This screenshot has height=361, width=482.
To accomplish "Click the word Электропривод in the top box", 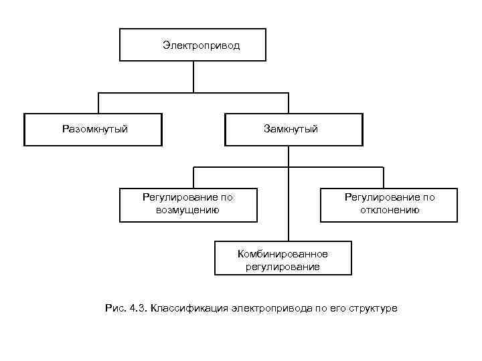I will click(201, 46).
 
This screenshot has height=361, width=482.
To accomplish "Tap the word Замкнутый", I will click(291, 128).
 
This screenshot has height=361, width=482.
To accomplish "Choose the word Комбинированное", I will click(283, 255).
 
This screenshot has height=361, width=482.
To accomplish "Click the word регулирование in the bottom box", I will click(283, 267).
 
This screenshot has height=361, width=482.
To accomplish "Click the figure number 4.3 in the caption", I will click(139, 308).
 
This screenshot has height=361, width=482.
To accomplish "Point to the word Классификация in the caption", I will click(189, 308).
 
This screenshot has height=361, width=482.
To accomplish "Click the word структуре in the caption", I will click(372, 308).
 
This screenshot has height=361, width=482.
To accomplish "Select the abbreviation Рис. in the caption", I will click(114, 308).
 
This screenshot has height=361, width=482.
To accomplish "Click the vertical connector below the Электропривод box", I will click(193, 77).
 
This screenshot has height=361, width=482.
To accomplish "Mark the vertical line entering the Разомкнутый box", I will click(99, 103).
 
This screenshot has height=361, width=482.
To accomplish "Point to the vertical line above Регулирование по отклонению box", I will click(384, 177).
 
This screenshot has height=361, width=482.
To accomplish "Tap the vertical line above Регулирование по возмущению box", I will click(193, 177).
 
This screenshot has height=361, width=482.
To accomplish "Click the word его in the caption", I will click(335, 308).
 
